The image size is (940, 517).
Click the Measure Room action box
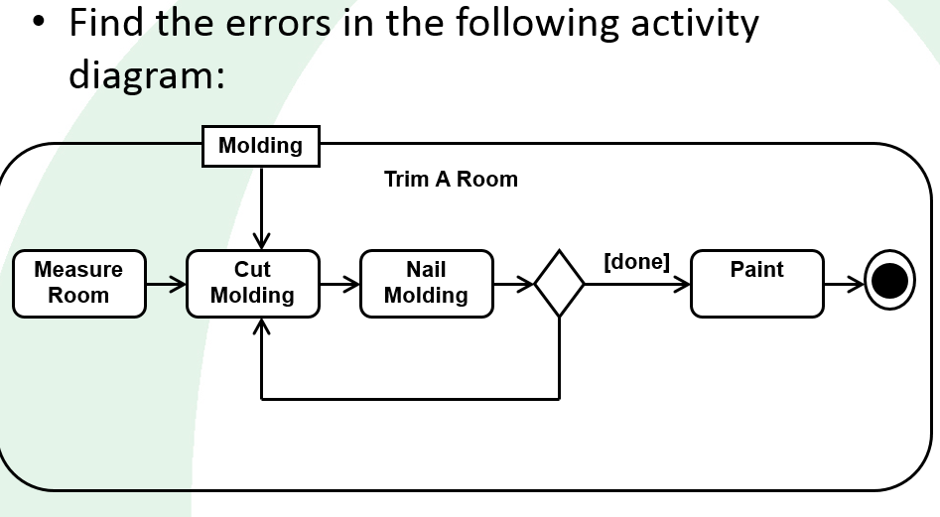(78, 283)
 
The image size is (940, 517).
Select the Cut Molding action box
(252, 283)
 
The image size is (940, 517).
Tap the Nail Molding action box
(426, 283)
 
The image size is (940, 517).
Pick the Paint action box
(756, 283)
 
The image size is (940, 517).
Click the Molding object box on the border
(260, 146)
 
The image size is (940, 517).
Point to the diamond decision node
(559, 284)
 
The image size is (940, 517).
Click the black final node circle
(889, 283)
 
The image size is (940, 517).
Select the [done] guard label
(636, 262)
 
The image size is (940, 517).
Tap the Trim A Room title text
(451, 180)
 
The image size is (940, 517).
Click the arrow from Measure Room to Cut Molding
(166, 285)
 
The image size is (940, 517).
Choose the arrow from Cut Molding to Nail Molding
(339, 285)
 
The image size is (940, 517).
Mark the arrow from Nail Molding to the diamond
(513, 285)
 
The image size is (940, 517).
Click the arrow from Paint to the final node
(844, 285)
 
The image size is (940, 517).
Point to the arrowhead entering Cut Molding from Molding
(261, 241)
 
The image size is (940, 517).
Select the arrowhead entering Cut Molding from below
(261, 325)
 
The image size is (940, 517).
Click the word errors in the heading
(266, 22)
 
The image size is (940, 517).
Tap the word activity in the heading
(695, 22)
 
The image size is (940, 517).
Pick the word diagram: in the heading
(147, 74)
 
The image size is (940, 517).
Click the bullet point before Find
(38, 22)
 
